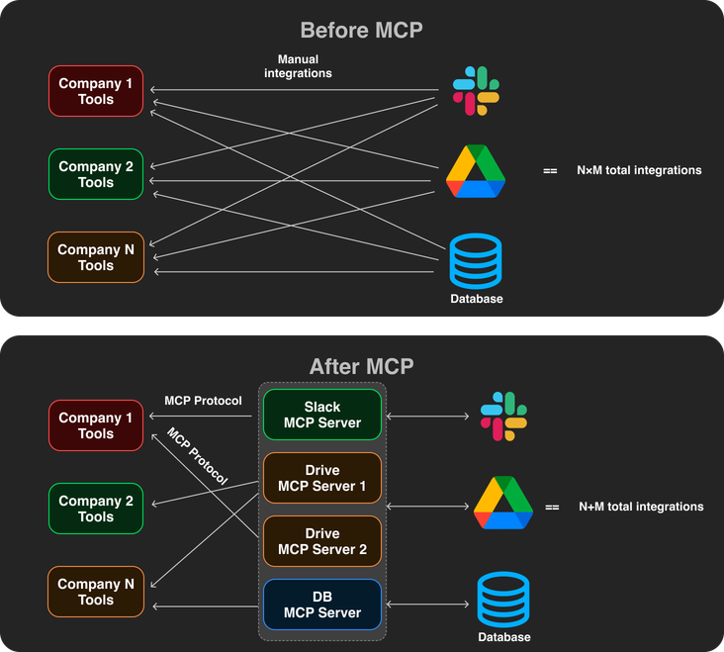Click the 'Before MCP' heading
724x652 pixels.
[361, 30]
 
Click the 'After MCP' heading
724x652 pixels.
[361, 366]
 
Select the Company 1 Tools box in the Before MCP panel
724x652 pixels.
[96, 91]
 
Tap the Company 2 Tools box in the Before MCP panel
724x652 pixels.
[96, 174]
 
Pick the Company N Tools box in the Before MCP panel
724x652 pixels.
[96, 257]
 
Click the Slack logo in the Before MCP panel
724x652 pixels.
[476, 91]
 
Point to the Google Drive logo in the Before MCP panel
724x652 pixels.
[476, 171]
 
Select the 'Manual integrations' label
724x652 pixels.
[298, 66]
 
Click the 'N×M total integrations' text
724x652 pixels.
[639, 170]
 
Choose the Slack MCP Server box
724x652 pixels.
[322, 415]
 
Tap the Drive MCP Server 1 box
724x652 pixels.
[322, 478]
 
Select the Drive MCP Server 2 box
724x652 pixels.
[322, 541]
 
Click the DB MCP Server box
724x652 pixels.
[322, 605]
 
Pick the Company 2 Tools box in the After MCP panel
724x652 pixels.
[96, 509]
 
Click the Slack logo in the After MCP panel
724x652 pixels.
[503, 416]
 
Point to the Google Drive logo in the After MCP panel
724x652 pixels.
[503, 505]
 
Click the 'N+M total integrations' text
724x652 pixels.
[641, 507]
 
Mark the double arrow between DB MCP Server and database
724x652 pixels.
[427, 605]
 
